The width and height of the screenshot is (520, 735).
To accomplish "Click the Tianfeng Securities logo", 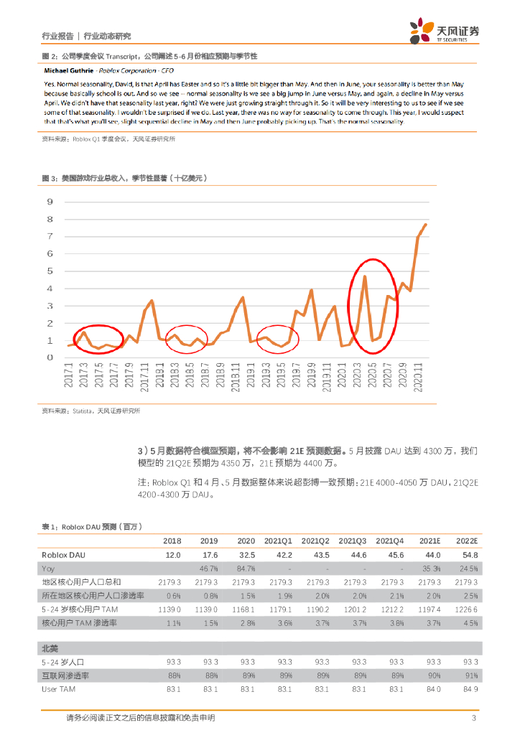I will pyautogui.click(x=445, y=31).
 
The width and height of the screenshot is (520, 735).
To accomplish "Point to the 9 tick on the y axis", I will pyautogui.click(x=50, y=202).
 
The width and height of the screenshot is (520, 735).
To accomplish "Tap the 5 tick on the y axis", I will pyautogui.click(x=50, y=271).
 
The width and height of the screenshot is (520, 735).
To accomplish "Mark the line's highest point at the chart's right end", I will pyautogui.click(x=425, y=225).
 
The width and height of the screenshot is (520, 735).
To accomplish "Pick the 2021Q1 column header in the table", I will pyautogui.click(x=278, y=540).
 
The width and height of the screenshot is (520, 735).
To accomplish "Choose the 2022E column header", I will pyautogui.click(x=466, y=540).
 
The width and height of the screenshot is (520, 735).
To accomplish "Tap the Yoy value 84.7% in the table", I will pyautogui.click(x=245, y=568).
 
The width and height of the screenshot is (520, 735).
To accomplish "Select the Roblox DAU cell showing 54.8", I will pyautogui.click(x=467, y=555).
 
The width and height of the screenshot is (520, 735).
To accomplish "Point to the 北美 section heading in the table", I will pyautogui.click(x=50, y=648).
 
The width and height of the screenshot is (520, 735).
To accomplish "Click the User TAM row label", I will pyautogui.click(x=57, y=689).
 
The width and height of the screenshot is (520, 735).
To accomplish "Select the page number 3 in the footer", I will pyautogui.click(x=474, y=718).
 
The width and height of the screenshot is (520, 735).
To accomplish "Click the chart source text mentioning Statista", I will pyautogui.click(x=90, y=411).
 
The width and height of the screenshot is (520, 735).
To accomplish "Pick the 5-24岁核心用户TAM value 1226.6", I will pyautogui.click(x=465, y=609).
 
